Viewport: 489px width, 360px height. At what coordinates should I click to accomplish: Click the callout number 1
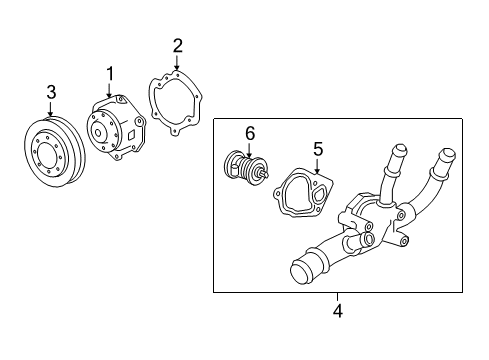click(x=111, y=72)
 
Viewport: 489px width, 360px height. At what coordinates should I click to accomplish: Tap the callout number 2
click(x=177, y=45)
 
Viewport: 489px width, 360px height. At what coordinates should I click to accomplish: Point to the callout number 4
click(x=337, y=311)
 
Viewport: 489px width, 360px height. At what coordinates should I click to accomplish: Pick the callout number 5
click(x=318, y=150)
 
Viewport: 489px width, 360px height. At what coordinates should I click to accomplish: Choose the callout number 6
click(x=250, y=133)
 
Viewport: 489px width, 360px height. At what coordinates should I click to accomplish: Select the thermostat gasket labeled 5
click(x=302, y=195)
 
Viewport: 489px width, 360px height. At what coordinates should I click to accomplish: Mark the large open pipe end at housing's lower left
click(x=299, y=271)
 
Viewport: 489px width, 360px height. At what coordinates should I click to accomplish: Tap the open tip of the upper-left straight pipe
click(x=395, y=151)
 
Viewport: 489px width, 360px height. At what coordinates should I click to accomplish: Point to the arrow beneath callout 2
click(x=177, y=62)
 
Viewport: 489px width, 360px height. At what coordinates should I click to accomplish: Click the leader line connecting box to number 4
click(x=337, y=297)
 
